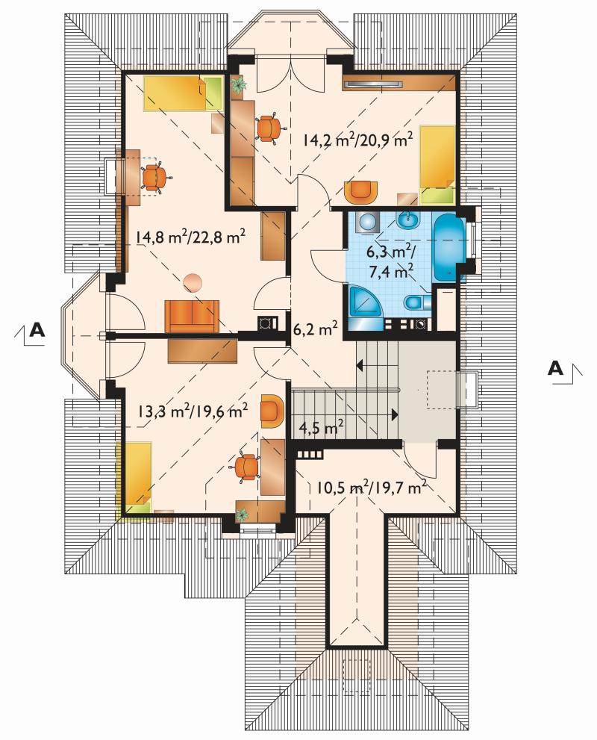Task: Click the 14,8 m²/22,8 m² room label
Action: point(190,237)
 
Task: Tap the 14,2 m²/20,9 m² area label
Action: point(358,140)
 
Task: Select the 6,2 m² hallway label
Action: point(316,328)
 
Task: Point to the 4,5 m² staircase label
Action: point(321,429)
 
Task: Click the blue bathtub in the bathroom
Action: point(449,248)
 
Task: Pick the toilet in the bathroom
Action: point(417,302)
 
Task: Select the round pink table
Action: point(193,283)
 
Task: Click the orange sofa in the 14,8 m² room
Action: point(192,315)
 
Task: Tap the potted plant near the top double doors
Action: point(240,84)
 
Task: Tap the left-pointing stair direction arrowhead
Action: point(360,365)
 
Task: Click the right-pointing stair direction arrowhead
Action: point(395,414)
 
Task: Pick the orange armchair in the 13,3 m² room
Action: point(272,411)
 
